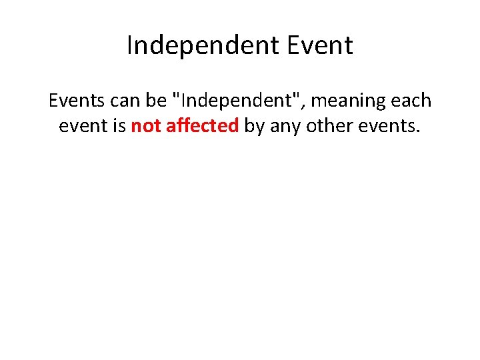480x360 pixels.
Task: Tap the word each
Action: [x=411, y=101]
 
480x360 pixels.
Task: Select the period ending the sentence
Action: [x=418, y=131]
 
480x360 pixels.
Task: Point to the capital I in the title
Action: [x=129, y=45]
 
